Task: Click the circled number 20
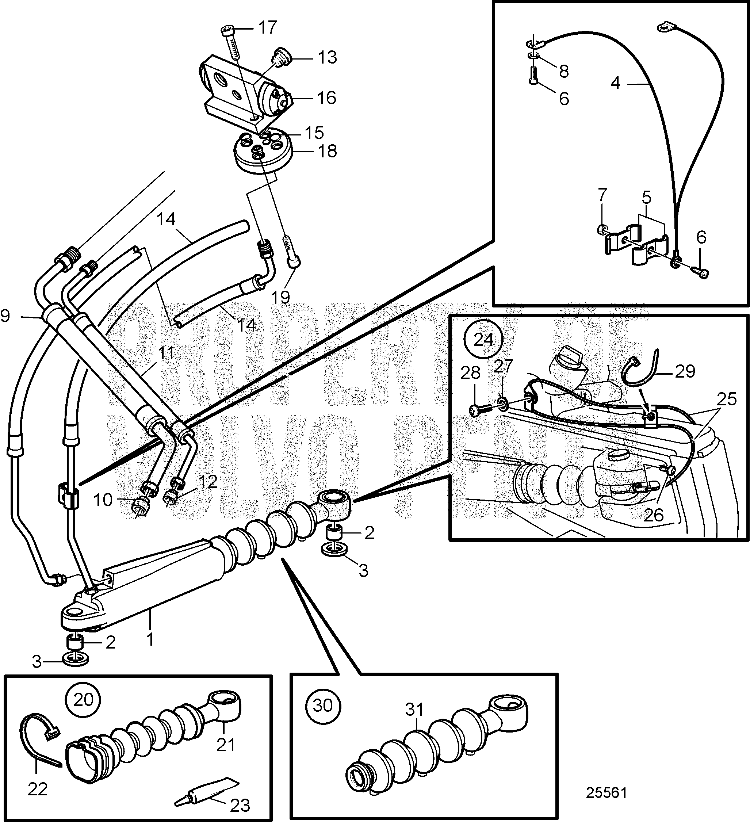[84, 700]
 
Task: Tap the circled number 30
[323, 705]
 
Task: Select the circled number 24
[484, 340]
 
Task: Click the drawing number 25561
[606, 793]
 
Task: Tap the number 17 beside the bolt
[267, 28]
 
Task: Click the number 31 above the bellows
[414, 710]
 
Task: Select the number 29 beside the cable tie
[685, 371]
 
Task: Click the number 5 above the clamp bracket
[646, 198]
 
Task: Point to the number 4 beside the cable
[615, 83]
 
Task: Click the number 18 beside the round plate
[327, 152]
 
